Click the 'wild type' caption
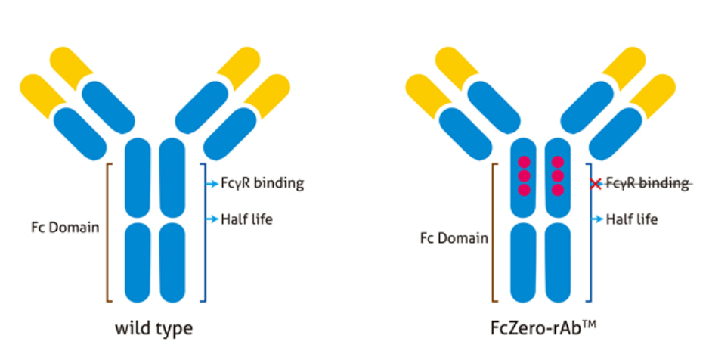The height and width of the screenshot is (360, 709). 153,329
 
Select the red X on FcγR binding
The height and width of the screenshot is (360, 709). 596,183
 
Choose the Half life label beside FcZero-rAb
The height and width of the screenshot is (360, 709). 632,219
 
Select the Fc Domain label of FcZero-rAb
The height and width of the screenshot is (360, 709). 454,238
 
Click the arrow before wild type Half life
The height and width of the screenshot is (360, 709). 212,219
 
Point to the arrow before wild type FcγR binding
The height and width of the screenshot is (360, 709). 212,183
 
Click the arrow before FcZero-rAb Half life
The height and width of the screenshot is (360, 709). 597,219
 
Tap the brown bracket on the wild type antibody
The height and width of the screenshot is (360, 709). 108,231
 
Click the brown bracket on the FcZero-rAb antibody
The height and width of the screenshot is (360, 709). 494,231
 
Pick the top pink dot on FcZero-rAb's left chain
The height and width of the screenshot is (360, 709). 522,162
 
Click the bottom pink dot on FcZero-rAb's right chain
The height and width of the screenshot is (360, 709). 558,189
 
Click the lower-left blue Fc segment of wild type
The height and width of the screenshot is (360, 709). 138,262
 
